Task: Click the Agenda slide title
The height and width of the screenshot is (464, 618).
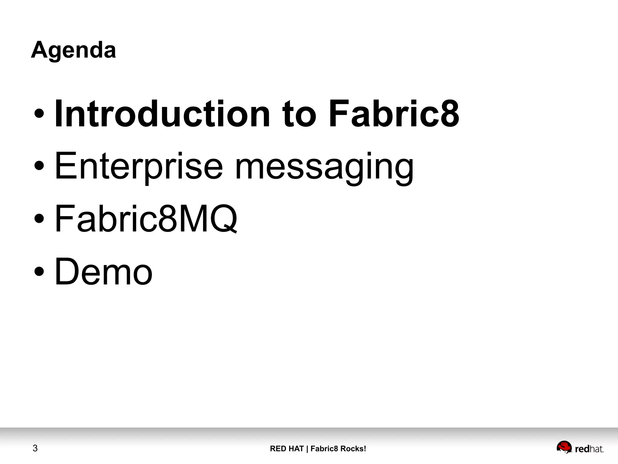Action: pyautogui.click(x=73, y=50)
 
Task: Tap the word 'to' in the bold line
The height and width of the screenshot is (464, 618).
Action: pyautogui.click(x=299, y=114)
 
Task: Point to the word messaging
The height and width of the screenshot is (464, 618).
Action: pyautogui.click(x=324, y=168)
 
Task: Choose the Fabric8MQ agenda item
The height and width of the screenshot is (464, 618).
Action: pyautogui.click(x=146, y=219)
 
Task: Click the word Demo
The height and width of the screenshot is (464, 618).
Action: pyautogui.click(x=104, y=271)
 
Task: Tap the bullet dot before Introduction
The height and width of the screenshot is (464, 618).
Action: pyautogui.click(x=39, y=114)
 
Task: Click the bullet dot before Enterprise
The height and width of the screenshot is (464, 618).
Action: pyautogui.click(x=39, y=166)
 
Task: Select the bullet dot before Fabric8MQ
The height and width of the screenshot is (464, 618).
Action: pyautogui.click(x=39, y=219)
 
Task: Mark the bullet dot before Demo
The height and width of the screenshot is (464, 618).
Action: pyautogui.click(x=39, y=271)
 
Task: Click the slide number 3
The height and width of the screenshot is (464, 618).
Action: pyautogui.click(x=35, y=448)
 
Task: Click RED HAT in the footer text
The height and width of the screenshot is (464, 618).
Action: pyautogui.click(x=287, y=449)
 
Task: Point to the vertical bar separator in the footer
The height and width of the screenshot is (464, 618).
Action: pyautogui.click(x=307, y=449)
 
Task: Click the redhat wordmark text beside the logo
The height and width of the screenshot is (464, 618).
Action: pyautogui.click(x=589, y=449)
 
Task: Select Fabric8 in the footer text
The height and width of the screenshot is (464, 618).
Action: pyautogui.click(x=324, y=449)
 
